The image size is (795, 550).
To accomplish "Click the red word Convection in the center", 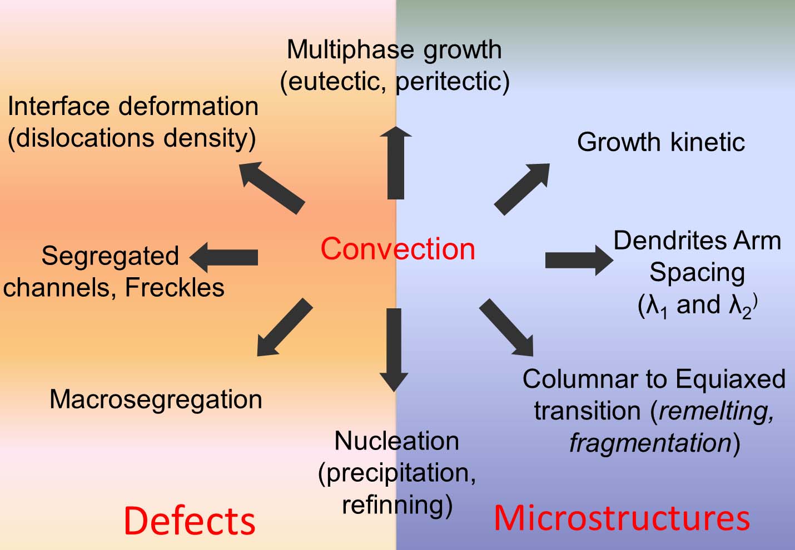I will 397,249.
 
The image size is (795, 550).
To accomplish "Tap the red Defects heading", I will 189,521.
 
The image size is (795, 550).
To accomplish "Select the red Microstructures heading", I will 622,517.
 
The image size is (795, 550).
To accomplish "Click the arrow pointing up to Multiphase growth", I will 396,163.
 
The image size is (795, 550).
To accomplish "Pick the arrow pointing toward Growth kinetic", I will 521,189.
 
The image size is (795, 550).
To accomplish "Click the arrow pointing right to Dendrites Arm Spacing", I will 578,259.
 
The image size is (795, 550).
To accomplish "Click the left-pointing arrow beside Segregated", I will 224,257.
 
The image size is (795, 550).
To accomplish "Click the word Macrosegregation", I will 156,399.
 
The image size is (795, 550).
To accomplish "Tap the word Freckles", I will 175,287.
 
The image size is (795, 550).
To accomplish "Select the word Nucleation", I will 396,441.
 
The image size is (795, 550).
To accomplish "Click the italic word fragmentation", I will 650,443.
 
